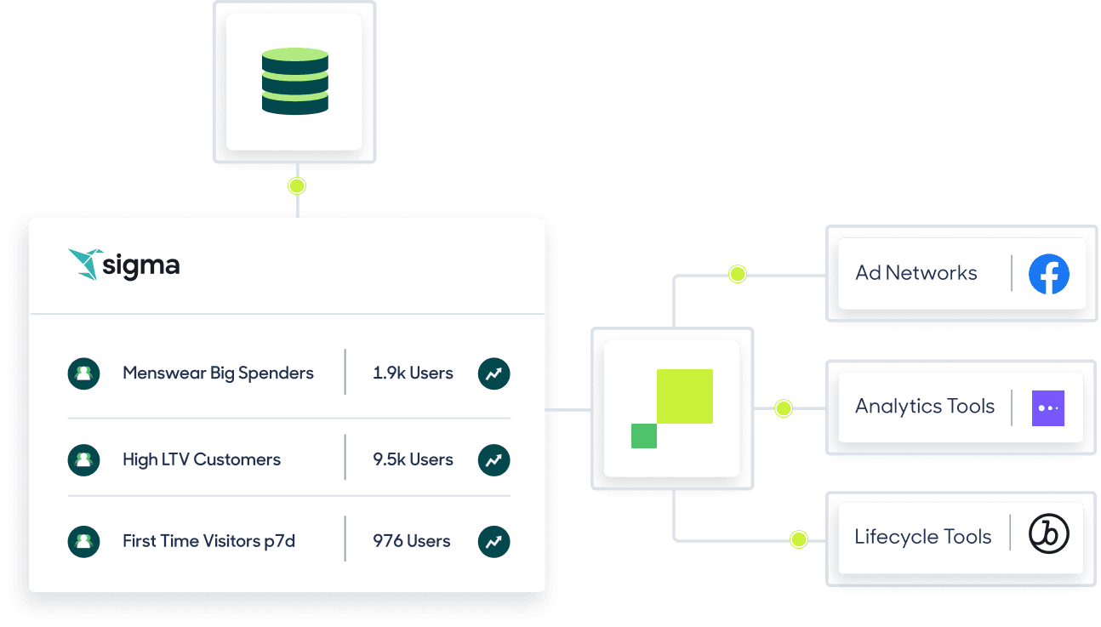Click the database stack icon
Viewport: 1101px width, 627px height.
click(294, 82)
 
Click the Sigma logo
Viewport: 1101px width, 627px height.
click(124, 265)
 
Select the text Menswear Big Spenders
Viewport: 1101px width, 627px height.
click(218, 373)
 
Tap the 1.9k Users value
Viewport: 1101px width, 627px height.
click(413, 373)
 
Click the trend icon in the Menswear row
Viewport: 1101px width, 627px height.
click(493, 373)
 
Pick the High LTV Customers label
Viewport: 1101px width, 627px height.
click(202, 460)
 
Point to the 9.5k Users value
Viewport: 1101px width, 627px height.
click(413, 460)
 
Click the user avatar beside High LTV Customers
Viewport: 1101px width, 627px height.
click(83, 460)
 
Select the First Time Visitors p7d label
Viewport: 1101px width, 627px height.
click(208, 541)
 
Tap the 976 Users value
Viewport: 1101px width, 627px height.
click(412, 541)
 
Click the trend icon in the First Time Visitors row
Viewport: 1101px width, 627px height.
click(493, 541)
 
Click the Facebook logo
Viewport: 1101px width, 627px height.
click(1048, 274)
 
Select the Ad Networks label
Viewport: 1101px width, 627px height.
click(916, 273)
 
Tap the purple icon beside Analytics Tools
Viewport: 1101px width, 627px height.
click(1047, 408)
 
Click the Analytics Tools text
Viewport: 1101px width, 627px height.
click(925, 407)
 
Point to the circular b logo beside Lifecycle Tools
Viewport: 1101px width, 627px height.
click(1048, 534)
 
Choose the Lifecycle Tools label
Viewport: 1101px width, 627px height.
click(923, 537)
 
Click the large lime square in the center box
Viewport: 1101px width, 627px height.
click(684, 396)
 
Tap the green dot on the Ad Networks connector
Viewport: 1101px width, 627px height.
click(738, 274)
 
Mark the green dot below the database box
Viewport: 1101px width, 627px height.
click(296, 185)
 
